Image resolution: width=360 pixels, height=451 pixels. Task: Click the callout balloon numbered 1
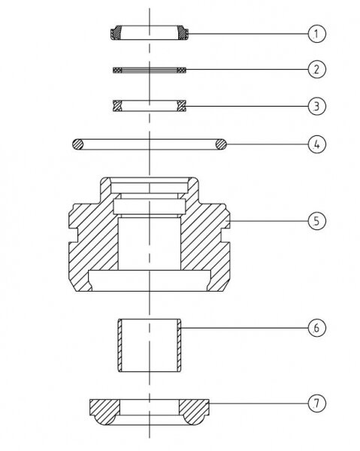317,34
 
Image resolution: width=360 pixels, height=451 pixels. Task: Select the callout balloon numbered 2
317,69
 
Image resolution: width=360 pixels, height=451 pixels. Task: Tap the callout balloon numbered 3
317,106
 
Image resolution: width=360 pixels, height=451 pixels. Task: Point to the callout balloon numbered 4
317,144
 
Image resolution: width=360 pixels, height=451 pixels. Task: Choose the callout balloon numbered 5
317,221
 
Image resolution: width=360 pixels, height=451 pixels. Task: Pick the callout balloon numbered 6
317,328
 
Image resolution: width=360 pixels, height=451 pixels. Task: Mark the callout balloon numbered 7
317,403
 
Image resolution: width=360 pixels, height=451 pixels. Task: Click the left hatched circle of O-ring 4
77,144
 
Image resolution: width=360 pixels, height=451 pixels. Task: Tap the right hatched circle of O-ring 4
221,144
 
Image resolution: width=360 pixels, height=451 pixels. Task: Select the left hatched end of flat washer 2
117,70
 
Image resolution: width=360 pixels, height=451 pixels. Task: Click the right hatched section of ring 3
182,106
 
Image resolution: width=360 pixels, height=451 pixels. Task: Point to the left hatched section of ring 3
117,106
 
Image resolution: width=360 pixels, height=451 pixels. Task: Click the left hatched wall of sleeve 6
120,345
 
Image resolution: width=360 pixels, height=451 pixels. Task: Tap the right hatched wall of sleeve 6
179,345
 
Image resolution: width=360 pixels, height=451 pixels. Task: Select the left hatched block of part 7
104,411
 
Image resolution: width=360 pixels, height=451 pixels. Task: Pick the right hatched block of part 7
194,411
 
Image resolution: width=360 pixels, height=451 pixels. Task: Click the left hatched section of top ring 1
116,33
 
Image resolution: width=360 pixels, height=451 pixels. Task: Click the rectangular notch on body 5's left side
74,235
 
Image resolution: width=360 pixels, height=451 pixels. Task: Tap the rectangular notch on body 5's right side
225,235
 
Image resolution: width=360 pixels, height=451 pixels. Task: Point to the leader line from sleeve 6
244,328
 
